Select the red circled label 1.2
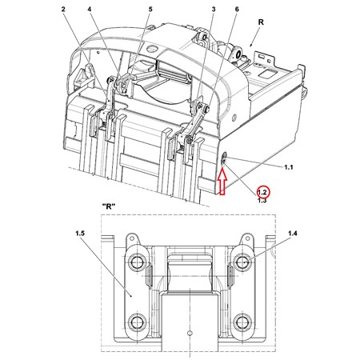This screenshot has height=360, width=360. tap(262, 192)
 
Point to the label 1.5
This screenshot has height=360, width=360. tap(80, 234)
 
